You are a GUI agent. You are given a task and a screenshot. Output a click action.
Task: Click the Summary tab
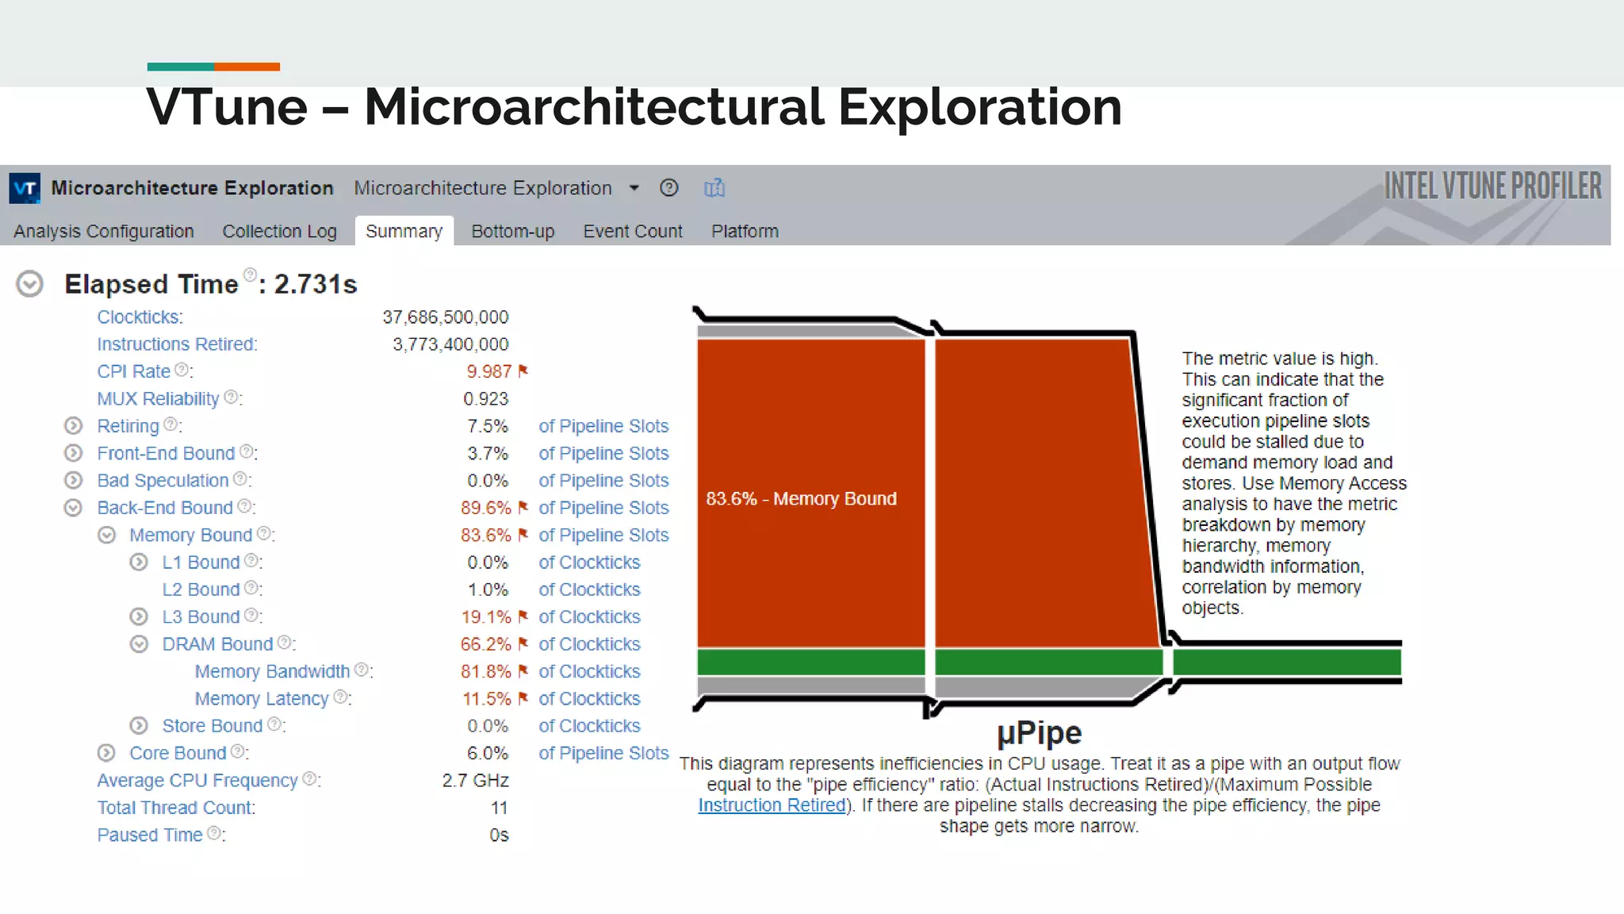click(x=404, y=231)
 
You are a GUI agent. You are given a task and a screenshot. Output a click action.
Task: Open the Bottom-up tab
click(x=512, y=231)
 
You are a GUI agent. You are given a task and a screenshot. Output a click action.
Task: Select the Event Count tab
click(x=632, y=231)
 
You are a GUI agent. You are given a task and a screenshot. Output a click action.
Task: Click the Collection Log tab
click(x=279, y=231)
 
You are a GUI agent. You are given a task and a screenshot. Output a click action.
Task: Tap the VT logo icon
click(x=25, y=188)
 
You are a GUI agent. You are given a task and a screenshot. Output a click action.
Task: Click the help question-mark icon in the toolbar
click(x=668, y=188)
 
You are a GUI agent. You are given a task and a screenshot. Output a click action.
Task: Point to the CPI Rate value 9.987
click(x=488, y=371)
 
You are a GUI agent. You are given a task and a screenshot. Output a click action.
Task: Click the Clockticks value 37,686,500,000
click(x=445, y=317)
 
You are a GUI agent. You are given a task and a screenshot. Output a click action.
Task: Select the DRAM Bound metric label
click(x=216, y=644)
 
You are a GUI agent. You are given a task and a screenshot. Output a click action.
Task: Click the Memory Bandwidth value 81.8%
click(x=485, y=671)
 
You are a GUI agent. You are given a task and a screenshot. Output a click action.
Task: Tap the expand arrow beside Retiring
click(x=73, y=426)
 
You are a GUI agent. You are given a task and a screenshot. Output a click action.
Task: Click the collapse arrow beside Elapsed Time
click(x=30, y=284)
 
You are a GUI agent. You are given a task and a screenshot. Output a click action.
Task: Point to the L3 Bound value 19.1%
click(x=485, y=616)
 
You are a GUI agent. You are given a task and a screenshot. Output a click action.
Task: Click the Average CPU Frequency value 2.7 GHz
click(x=475, y=781)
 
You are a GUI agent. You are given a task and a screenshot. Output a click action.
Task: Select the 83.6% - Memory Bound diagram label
click(x=801, y=498)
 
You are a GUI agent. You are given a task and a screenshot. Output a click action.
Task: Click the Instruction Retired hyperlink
click(x=771, y=805)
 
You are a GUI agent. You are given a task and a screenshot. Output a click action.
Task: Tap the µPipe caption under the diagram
click(x=1039, y=733)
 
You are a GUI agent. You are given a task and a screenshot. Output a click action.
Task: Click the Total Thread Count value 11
click(x=499, y=808)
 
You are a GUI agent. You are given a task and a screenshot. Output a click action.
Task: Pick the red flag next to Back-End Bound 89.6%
click(x=523, y=507)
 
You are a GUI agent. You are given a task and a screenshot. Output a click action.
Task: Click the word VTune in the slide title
click(x=227, y=107)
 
